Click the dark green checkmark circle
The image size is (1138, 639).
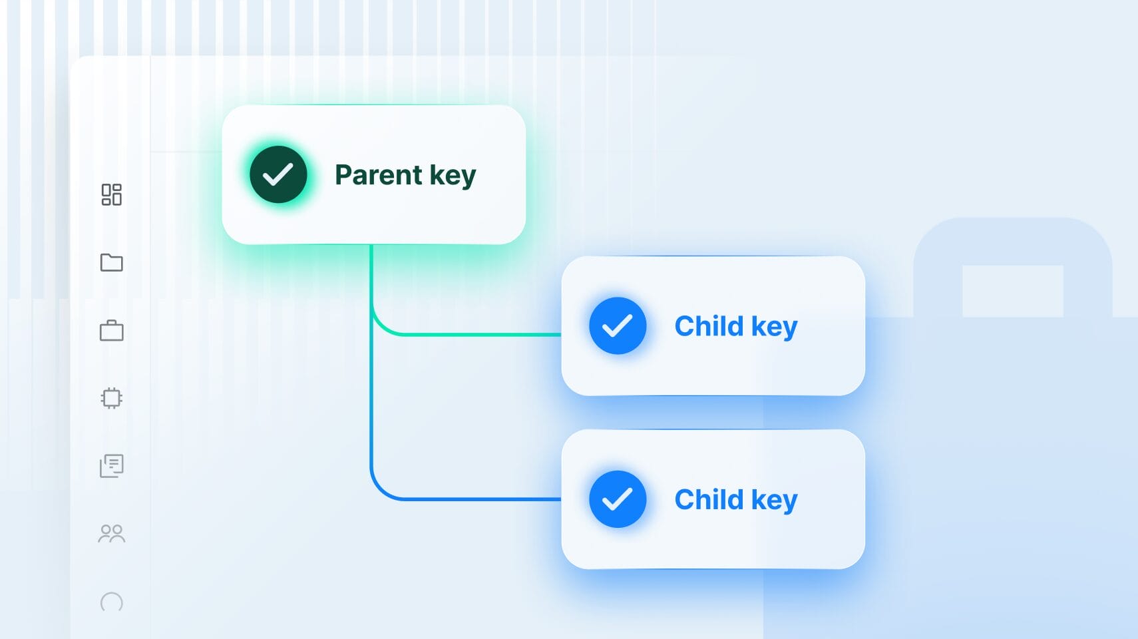pos(278,174)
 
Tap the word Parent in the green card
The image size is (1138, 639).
pos(379,175)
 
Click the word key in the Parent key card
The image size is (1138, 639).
pos(453,176)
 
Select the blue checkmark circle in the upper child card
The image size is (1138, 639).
pos(618,325)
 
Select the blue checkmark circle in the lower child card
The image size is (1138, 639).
pos(618,499)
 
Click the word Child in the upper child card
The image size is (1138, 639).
pos(709,326)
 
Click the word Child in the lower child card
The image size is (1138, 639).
pos(709,499)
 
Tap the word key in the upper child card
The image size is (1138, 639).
pos(775,327)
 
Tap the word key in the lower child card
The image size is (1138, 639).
pos(775,501)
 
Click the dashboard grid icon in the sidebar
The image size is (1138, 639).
pos(112,194)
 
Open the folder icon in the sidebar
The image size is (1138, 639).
pos(112,263)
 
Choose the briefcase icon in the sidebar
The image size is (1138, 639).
pos(112,331)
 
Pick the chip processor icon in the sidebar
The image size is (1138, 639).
pos(112,398)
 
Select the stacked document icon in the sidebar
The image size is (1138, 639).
pos(112,466)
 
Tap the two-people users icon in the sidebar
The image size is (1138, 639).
pos(112,534)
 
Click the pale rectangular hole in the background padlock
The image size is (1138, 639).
pos(1013,291)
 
